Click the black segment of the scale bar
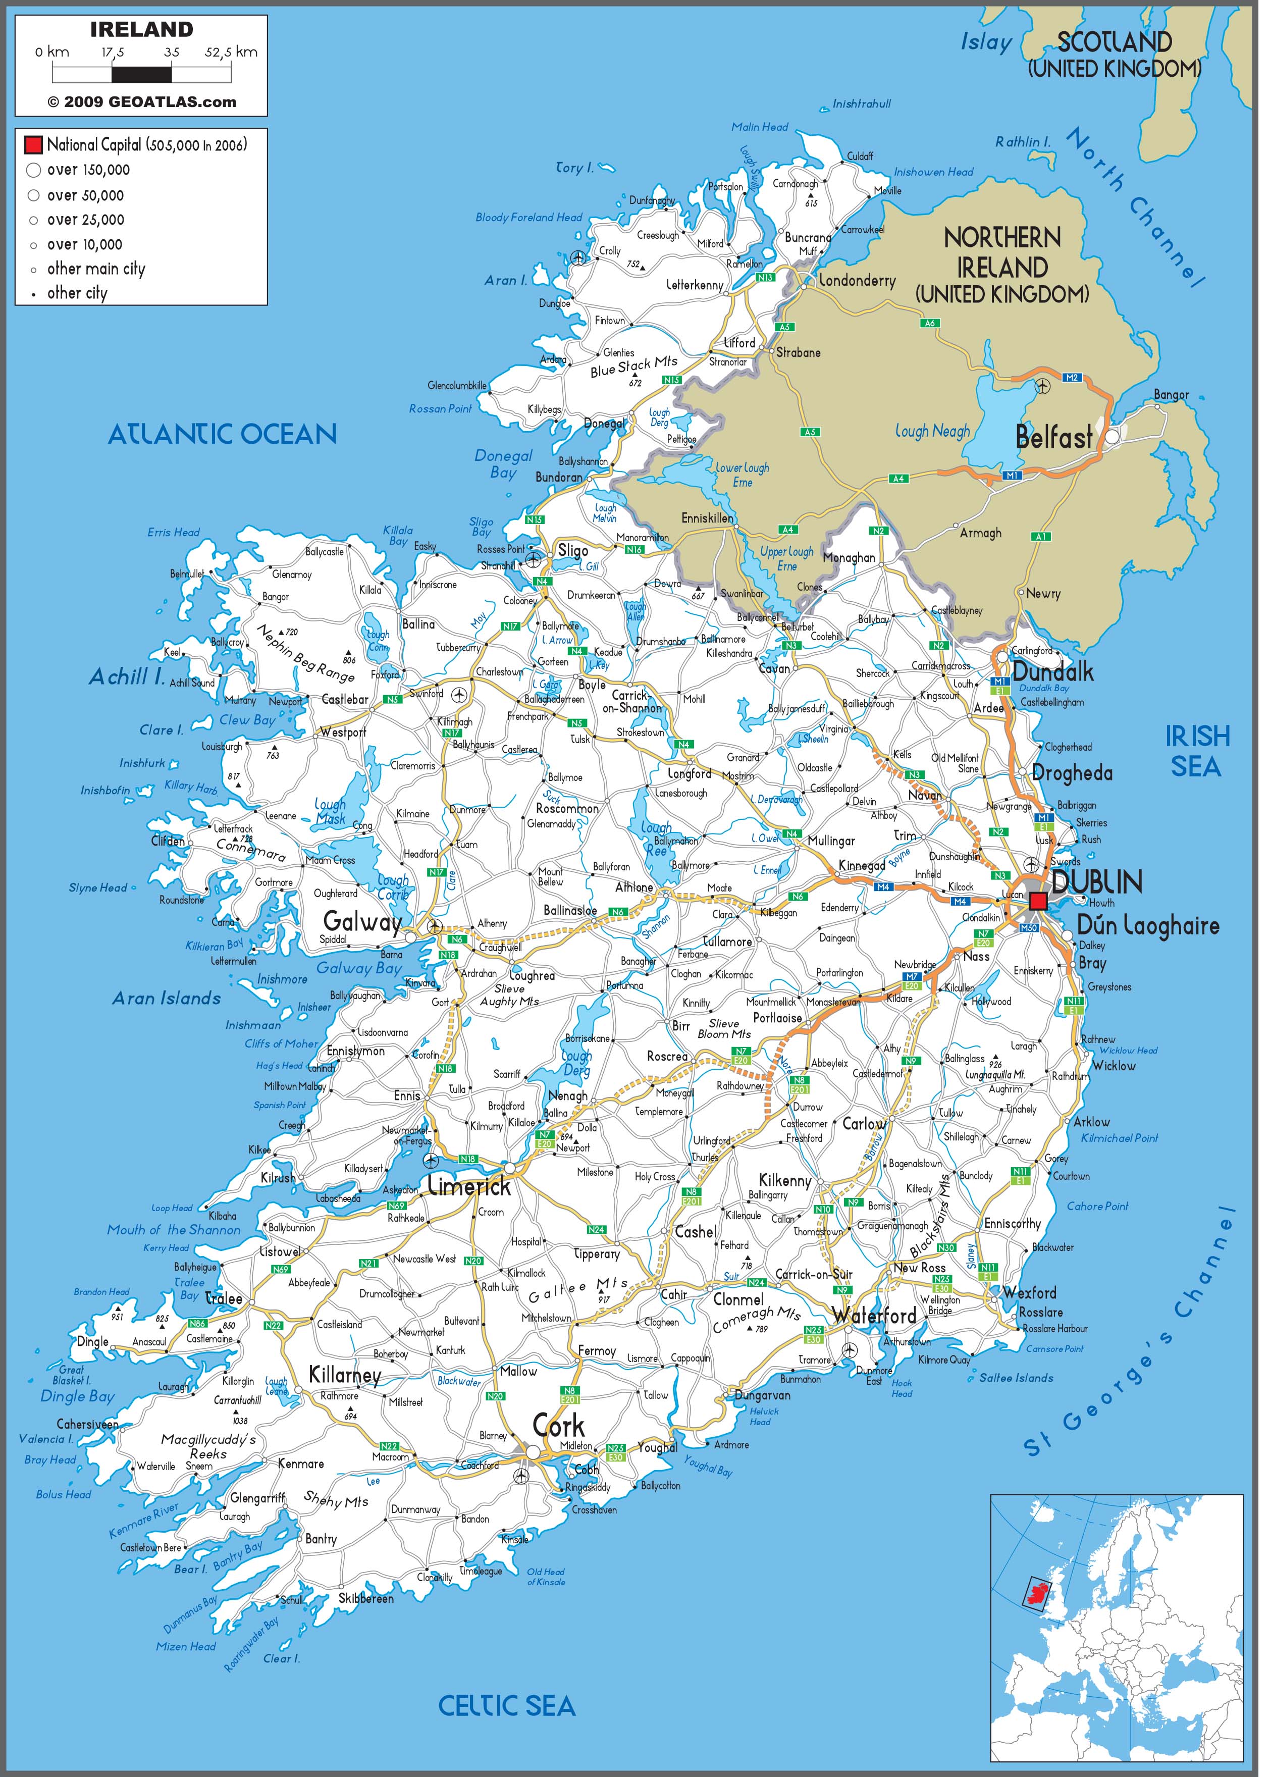pyautogui.click(x=141, y=74)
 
